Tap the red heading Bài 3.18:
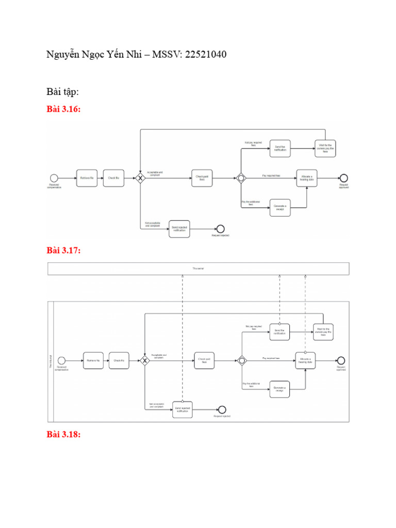pyautogui.click(x=63, y=434)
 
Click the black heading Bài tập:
pyautogui.click(x=62, y=91)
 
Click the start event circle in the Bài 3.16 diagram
pyautogui.click(x=54, y=178)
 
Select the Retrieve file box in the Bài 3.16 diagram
pyautogui.click(x=87, y=178)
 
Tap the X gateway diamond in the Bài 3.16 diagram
pyautogui.click(x=140, y=178)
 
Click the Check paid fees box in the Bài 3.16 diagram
pyautogui.click(x=202, y=178)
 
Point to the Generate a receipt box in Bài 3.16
pyautogui.click(x=280, y=207)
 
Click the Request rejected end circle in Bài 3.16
pyautogui.click(x=220, y=228)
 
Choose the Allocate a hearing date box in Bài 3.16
pyautogui.click(x=307, y=178)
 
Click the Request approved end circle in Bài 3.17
pyautogui.click(x=341, y=360)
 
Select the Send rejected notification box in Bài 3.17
pyautogui.click(x=182, y=408)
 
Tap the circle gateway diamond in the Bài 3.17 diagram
pyautogui.click(x=241, y=360)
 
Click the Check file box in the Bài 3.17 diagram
pyautogui.click(x=119, y=360)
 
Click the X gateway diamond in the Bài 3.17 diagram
pyautogui.click(x=145, y=360)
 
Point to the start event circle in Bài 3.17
pyautogui.click(x=62, y=360)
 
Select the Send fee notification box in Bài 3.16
pyautogui.click(x=280, y=148)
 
